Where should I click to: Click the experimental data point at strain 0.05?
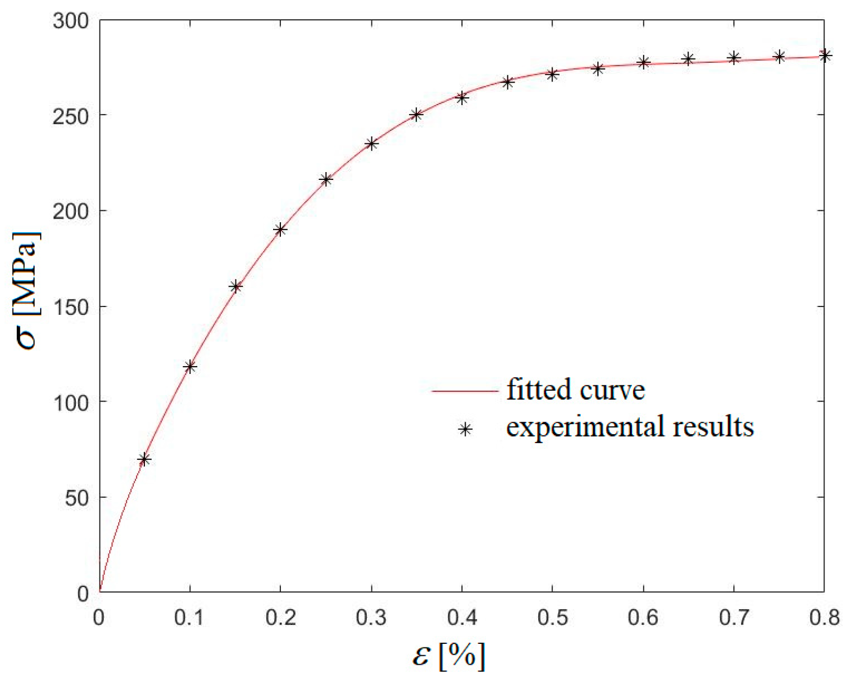tap(144, 460)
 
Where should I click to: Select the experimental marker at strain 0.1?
tap(190, 367)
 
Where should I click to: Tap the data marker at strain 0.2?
tap(280, 230)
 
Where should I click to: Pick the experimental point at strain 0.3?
tap(371, 144)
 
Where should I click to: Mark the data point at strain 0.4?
tap(461, 98)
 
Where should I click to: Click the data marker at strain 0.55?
tap(598, 69)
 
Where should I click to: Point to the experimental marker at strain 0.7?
tap(734, 58)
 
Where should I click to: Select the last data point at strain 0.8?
tap(825, 55)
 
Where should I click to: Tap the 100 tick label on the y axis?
tap(71, 402)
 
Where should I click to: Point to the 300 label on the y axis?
tap(71, 21)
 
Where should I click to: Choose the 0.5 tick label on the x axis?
tap(552, 618)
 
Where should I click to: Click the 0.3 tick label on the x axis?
tap(371, 618)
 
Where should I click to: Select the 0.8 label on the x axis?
tap(825, 618)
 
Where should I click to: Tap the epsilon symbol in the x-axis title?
tap(421, 656)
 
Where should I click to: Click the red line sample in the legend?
tap(465, 391)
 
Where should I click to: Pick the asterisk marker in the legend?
tap(465, 430)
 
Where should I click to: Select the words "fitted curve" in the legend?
tap(575, 390)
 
